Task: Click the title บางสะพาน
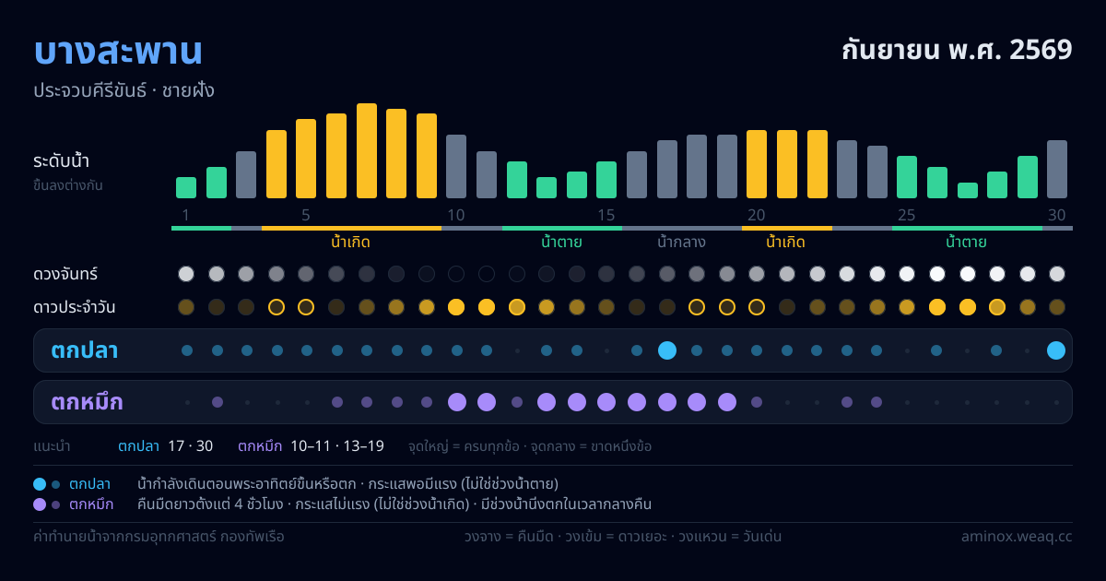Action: coord(118,51)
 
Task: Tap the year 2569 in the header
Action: coord(1041,50)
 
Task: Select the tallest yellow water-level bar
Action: coord(367,150)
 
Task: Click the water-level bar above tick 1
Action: coord(186,188)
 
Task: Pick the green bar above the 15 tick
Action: coord(606,180)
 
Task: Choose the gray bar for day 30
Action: coord(1057,169)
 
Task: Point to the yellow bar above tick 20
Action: coord(757,164)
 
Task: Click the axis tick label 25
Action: coord(907,215)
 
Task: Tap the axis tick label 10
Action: coord(455,215)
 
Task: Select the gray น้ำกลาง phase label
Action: coord(681,242)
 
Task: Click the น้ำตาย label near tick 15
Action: coord(561,242)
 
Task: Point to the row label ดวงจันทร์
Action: coord(65,274)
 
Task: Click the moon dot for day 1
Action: coord(186,274)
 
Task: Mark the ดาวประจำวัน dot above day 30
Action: coord(1057,307)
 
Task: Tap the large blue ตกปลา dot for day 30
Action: coord(1056,350)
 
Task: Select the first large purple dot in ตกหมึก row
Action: coord(457,402)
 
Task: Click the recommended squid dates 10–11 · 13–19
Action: coord(337,446)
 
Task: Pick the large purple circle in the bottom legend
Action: coord(40,504)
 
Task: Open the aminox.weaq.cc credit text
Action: coord(1017,537)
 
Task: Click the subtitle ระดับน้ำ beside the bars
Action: coord(61,161)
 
